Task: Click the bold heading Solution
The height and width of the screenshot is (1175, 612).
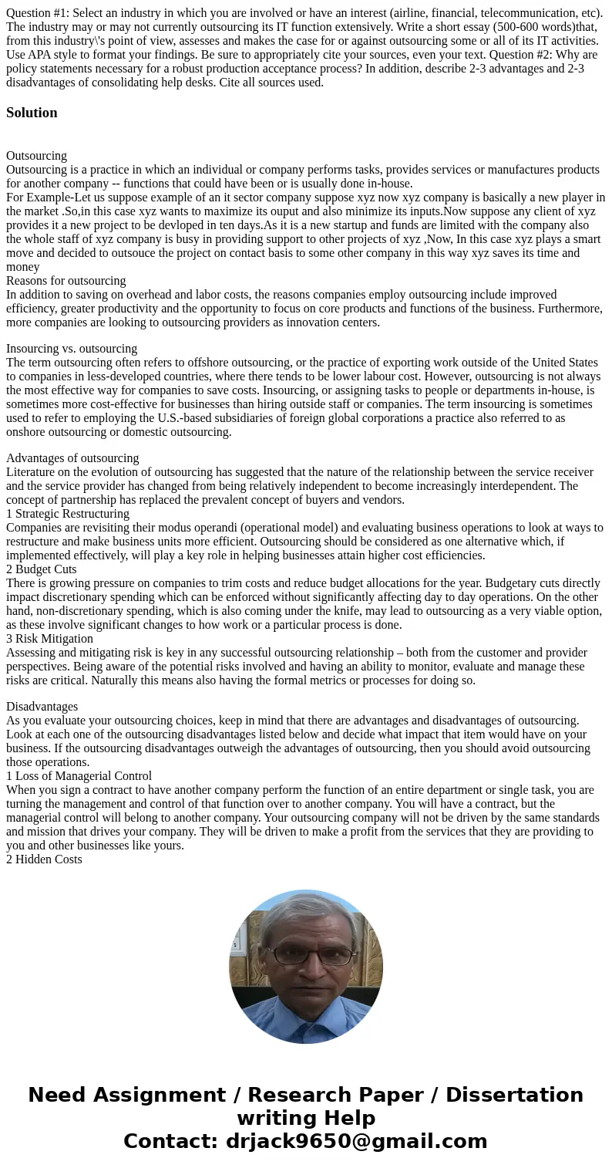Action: point(32,113)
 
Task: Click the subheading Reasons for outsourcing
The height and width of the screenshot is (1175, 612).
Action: point(66,281)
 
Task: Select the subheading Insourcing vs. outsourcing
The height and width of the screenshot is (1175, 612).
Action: point(72,349)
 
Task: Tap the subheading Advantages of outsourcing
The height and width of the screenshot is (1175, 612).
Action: point(72,458)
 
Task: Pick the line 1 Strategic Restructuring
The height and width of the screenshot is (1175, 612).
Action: point(68,514)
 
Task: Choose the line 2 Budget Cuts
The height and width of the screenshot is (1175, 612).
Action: point(42,569)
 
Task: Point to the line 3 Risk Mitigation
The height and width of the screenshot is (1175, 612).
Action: point(49,639)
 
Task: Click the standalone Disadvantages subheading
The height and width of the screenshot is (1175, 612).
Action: point(42,707)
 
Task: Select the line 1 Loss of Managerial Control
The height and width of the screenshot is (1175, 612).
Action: point(79,776)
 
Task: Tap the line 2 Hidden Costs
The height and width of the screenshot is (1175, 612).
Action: point(44,859)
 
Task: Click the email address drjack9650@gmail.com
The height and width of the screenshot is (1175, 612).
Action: point(356,1142)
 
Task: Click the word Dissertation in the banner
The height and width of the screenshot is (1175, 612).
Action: point(514,1096)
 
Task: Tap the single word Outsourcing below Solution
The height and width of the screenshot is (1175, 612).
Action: point(36,156)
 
